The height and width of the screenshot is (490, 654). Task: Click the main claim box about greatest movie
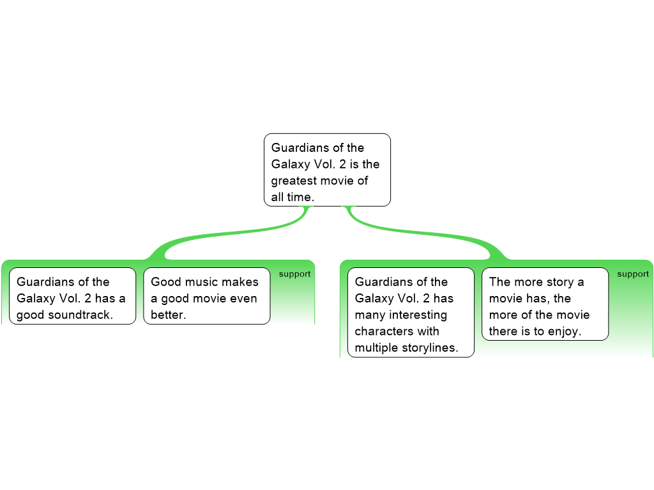click(x=327, y=170)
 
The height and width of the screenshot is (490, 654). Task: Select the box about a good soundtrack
click(x=72, y=296)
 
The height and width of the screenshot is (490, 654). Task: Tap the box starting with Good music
click(x=206, y=296)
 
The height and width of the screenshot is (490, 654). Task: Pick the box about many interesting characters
click(x=411, y=312)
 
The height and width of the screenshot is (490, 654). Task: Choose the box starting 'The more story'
click(x=545, y=304)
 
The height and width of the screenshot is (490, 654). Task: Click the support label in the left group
click(x=294, y=274)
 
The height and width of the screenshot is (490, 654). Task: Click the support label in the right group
click(x=633, y=274)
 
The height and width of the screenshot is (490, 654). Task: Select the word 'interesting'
click(x=417, y=315)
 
